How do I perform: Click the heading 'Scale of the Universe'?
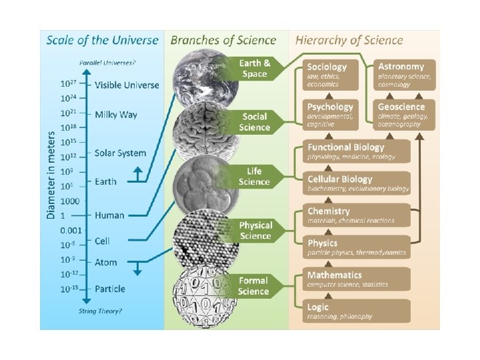(x=102, y=40)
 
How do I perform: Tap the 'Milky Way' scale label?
(x=116, y=115)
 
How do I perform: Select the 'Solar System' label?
(x=120, y=153)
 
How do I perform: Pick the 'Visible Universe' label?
(x=127, y=85)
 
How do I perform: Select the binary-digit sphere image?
(x=203, y=291)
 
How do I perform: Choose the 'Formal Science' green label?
(x=254, y=286)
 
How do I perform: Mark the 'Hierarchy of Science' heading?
(x=349, y=40)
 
